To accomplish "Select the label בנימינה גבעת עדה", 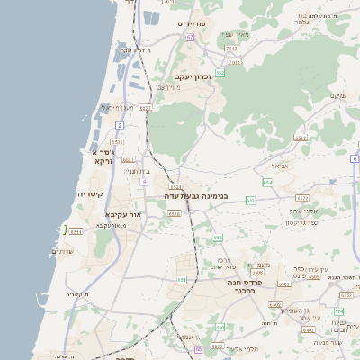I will click(x=196, y=195).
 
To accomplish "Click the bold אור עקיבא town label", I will click(x=124, y=214).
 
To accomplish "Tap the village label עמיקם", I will click(x=337, y=95).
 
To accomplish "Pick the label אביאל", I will click(x=279, y=166).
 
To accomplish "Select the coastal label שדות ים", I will click(x=63, y=252).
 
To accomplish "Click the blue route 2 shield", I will click(x=119, y=125).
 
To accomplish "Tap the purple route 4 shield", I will click(x=143, y=182).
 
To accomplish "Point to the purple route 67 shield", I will click(x=191, y=37).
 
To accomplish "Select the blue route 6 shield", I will click(x=355, y=158).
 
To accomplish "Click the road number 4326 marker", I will click(x=174, y=214).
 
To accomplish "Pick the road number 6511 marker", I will click(x=76, y=231).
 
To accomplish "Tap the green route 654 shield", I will click(x=266, y=183).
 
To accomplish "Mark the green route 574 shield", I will click(x=339, y=311).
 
